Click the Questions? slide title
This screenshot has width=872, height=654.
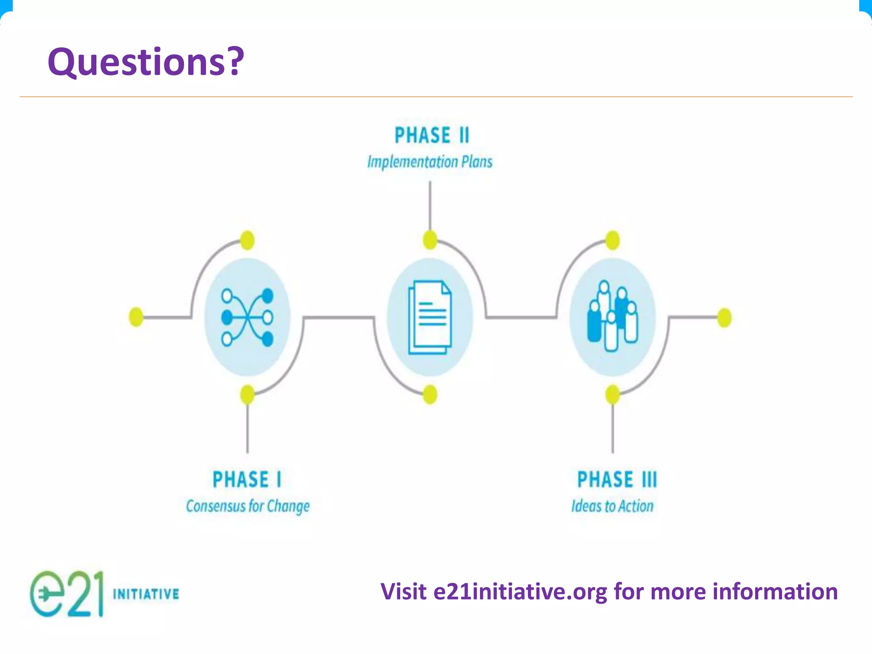click(146, 62)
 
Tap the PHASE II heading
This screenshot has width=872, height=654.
click(431, 135)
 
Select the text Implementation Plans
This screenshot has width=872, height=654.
click(430, 162)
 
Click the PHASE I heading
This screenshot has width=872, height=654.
click(247, 479)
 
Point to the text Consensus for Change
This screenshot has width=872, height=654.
click(248, 506)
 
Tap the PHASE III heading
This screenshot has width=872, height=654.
click(617, 479)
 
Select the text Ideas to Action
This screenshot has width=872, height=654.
click(612, 506)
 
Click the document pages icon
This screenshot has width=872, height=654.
click(430, 317)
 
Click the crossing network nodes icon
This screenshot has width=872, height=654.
click(247, 317)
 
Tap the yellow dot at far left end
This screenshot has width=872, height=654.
click(136, 317)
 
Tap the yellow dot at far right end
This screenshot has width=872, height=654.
click(724, 318)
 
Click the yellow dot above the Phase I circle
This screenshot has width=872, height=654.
click(247, 241)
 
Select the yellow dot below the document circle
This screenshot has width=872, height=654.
click(430, 394)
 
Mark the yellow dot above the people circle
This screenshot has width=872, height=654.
click(613, 241)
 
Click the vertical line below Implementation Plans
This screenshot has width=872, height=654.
click(430, 204)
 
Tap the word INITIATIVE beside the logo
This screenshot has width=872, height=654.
click(146, 594)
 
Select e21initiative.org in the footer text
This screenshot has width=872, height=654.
click(520, 592)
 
